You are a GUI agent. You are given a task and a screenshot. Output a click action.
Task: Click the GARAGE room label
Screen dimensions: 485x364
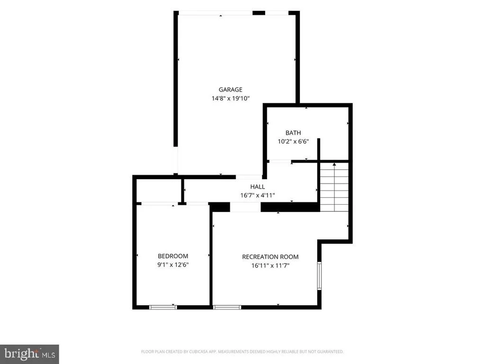click(x=231, y=90)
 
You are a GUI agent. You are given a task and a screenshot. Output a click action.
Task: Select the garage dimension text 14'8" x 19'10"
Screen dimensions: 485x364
click(x=231, y=99)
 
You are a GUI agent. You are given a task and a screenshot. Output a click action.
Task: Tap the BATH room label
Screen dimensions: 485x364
click(x=293, y=133)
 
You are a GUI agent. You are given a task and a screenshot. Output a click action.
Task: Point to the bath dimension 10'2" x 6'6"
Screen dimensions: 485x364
click(x=293, y=141)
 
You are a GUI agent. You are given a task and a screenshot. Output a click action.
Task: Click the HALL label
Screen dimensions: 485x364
click(x=258, y=187)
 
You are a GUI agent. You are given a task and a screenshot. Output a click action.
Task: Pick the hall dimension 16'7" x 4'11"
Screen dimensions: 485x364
click(x=258, y=195)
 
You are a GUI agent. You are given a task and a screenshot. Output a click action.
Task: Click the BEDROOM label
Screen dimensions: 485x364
click(x=173, y=256)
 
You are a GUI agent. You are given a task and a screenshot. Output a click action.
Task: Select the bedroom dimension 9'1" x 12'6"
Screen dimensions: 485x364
click(x=173, y=264)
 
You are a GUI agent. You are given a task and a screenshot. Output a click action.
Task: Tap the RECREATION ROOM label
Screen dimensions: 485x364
click(x=270, y=256)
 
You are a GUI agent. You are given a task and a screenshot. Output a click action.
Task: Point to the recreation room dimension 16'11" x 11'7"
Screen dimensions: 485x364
click(x=270, y=265)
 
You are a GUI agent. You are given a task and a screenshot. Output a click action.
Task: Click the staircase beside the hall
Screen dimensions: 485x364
click(x=334, y=187)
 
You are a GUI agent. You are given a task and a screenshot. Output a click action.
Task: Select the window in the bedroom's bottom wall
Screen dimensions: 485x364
click(x=163, y=307)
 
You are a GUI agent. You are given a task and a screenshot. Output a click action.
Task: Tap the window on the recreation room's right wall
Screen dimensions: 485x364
click(x=319, y=276)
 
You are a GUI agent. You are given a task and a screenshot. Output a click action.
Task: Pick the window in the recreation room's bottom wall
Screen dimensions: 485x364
click(x=227, y=307)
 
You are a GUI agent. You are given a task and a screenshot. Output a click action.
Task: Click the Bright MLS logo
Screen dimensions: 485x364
click(x=29, y=354)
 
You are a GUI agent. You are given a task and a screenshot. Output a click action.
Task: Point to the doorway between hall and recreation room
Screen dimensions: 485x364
click(x=245, y=207)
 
